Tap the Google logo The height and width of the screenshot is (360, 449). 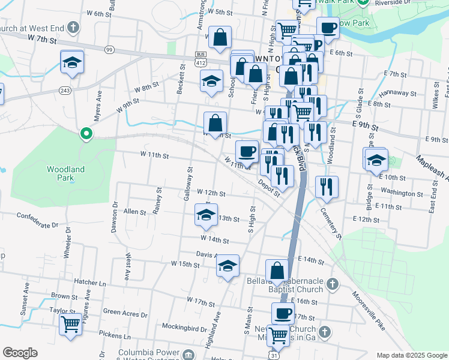coord(20,353)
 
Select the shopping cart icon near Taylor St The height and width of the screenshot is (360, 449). coord(71,325)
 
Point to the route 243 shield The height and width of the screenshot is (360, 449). coord(65,90)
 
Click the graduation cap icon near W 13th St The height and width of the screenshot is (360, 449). coord(206,215)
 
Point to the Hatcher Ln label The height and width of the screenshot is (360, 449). coord(89,281)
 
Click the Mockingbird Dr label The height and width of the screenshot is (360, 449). coord(184,329)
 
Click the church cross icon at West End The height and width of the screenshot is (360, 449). coord(72,28)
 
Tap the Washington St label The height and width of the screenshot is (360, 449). coord(402,193)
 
